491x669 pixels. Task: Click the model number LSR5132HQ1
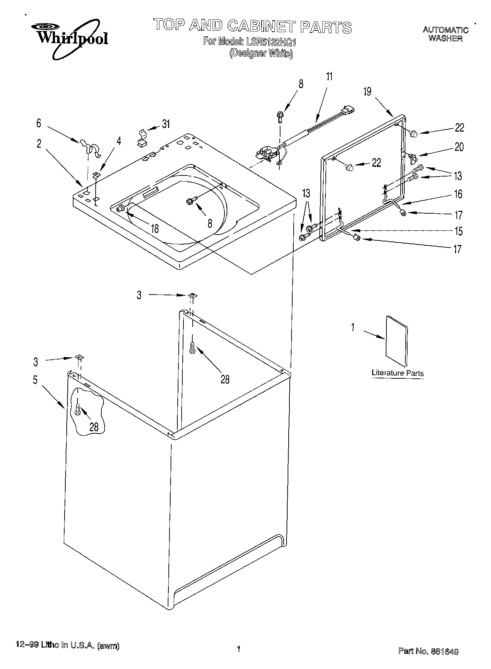[x=271, y=42]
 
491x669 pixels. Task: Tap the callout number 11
[x=329, y=77]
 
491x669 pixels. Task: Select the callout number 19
[x=367, y=92]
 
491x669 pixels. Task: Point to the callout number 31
[x=166, y=124]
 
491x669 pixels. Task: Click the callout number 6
[x=39, y=123]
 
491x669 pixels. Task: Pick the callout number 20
[x=459, y=147]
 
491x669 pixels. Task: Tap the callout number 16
[x=458, y=194]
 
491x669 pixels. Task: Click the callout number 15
[x=458, y=231]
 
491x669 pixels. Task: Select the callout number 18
[x=155, y=229]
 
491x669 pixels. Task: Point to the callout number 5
[x=35, y=380]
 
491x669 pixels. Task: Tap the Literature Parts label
[x=398, y=373]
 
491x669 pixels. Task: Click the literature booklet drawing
[x=396, y=340]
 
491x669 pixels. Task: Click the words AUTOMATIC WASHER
[x=445, y=34]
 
